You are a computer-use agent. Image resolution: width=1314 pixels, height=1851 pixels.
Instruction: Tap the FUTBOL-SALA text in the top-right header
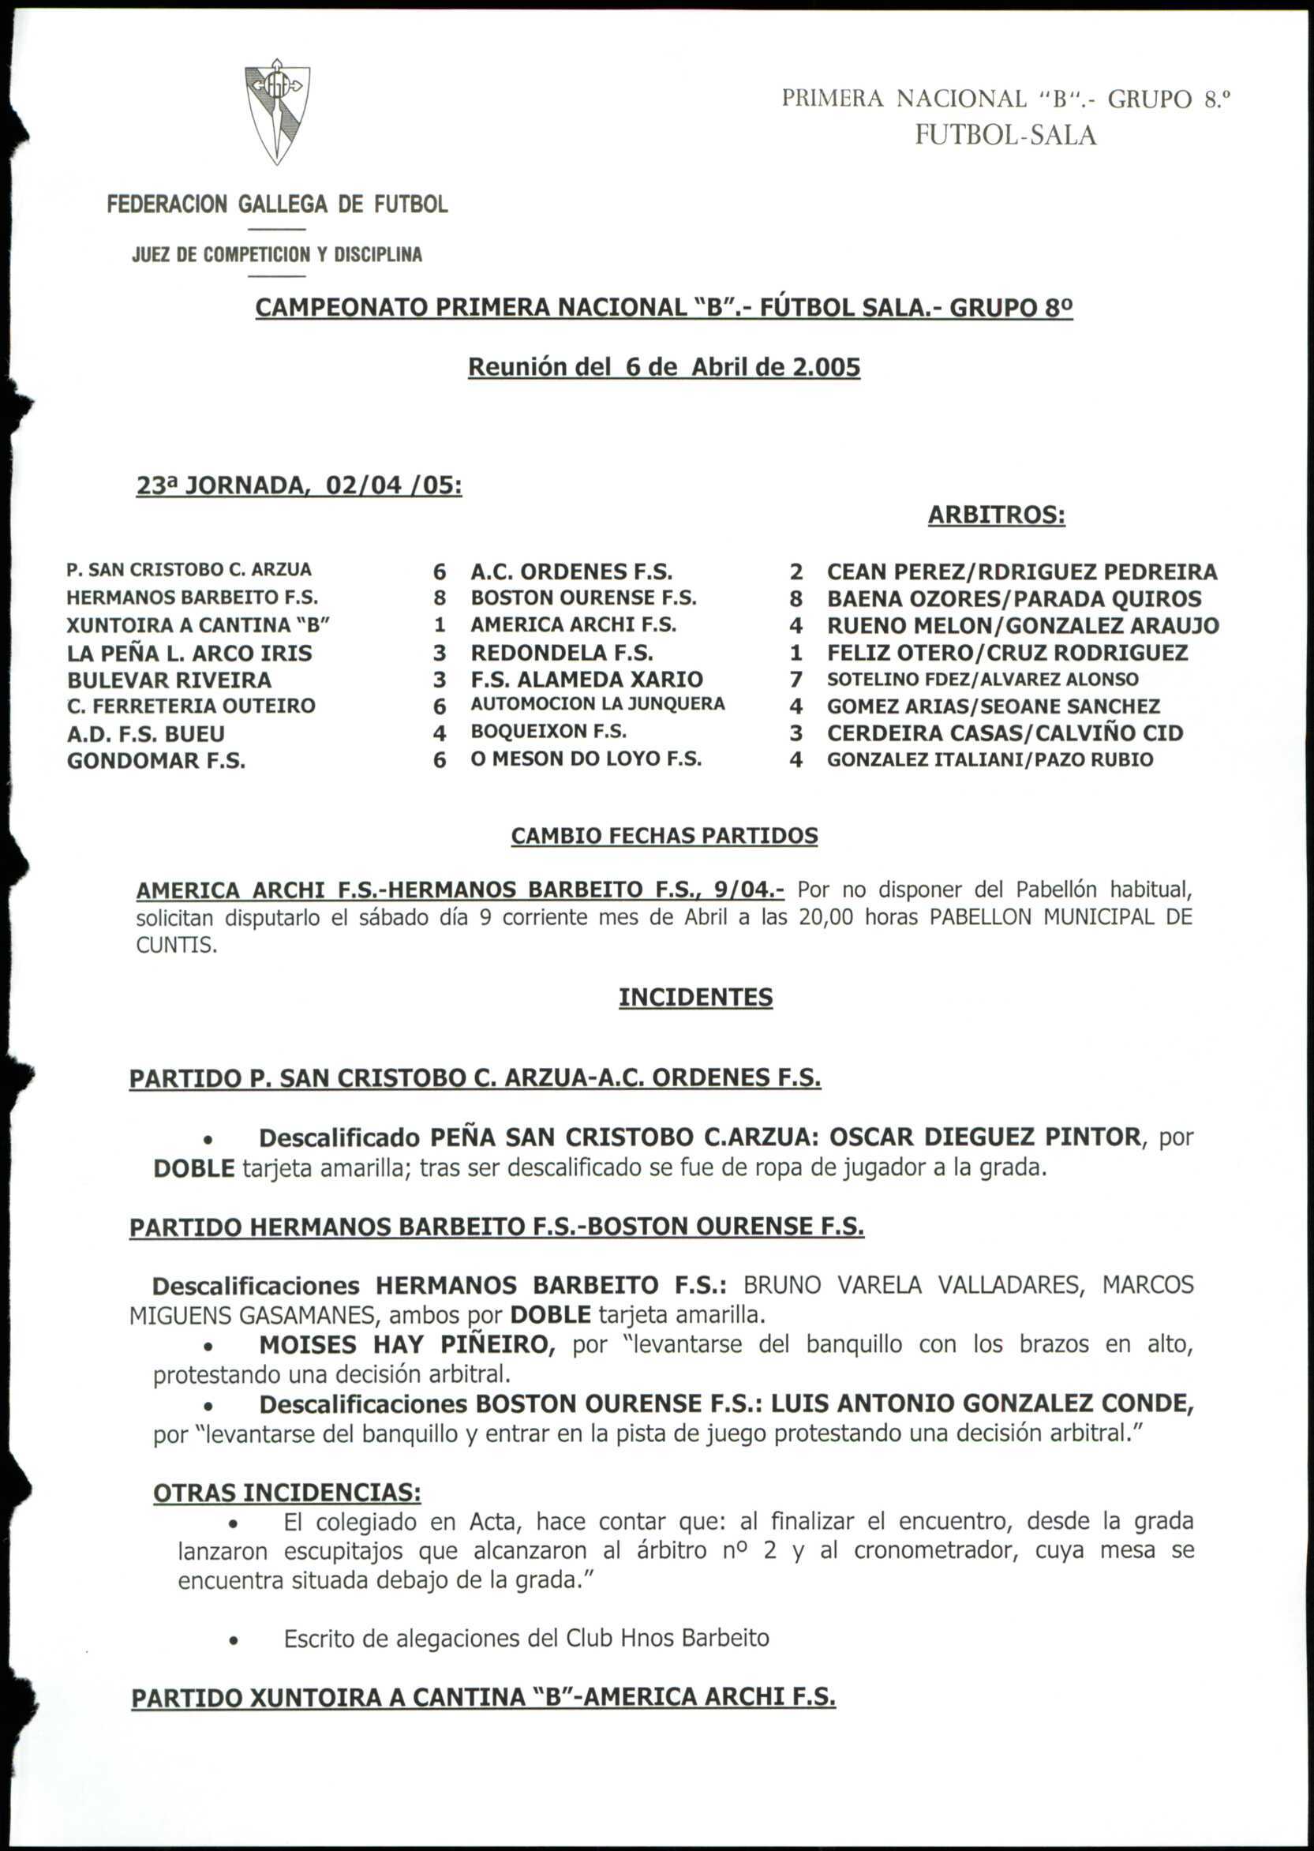[x=1005, y=135]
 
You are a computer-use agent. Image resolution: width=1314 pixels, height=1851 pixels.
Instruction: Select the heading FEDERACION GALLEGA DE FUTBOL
[x=277, y=204]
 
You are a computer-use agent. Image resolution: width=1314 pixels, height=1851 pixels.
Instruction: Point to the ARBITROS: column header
[x=996, y=515]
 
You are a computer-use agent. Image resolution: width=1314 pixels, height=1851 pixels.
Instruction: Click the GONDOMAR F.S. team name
[x=156, y=761]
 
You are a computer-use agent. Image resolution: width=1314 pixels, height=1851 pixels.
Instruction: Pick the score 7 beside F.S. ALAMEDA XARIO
[x=796, y=680]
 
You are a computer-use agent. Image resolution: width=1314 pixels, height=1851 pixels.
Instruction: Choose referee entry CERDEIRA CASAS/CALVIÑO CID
[x=1004, y=733]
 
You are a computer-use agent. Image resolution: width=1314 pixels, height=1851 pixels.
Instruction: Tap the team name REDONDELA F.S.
[x=562, y=653]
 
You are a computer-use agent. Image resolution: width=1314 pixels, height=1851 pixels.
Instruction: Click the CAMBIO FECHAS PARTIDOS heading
[x=664, y=836]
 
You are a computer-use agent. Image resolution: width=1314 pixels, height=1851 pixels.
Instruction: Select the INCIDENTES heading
[x=695, y=997]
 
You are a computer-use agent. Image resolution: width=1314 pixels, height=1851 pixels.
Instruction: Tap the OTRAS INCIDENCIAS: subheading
[x=286, y=1493]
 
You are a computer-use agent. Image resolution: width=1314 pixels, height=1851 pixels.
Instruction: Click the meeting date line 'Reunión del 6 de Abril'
[x=664, y=369]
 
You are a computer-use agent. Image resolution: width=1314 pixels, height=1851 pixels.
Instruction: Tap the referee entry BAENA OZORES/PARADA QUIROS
[x=1014, y=600]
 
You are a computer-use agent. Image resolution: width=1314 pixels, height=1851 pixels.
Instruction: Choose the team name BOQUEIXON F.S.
[x=548, y=732]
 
